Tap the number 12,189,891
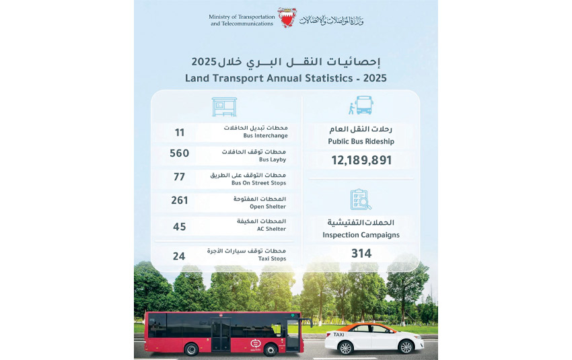[x=361, y=160]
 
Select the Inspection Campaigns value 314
[x=361, y=253]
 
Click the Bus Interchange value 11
[x=180, y=133]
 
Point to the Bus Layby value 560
[x=180, y=153]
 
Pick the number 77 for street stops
[x=180, y=178]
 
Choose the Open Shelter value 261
[x=180, y=201]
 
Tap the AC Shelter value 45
[x=180, y=227]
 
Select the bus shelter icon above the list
[x=224, y=107]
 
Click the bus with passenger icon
[x=360, y=106]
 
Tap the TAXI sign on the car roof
[x=339, y=334]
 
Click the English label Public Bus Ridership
[x=361, y=141]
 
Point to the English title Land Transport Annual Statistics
[x=286, y=78]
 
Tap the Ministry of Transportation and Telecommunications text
[x=242, y=20]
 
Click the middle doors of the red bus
[x=221, y=334]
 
